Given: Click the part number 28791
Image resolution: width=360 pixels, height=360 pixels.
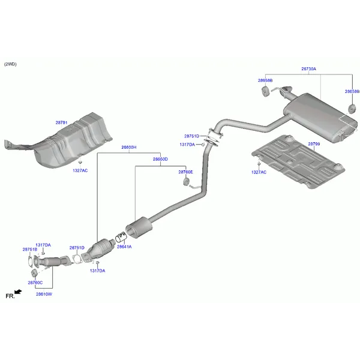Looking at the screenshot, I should [x=61, y=122].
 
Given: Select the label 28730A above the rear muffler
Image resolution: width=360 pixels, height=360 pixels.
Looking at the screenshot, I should [x=308, y=69].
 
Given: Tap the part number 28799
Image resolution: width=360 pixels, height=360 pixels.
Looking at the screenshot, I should [x=314, y=144].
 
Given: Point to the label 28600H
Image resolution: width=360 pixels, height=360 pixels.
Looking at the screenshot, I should [x=128, y=147].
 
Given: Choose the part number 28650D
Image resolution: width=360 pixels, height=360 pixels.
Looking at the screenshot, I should [x=160, y=159].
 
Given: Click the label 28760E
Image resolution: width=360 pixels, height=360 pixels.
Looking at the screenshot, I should [x=185, y=172].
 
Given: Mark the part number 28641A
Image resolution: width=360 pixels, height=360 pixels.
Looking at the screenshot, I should [x=124, y=247].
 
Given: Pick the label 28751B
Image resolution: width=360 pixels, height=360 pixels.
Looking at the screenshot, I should [x=30, y=250].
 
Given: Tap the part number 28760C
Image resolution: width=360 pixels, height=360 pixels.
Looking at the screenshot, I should [x=35, y=282].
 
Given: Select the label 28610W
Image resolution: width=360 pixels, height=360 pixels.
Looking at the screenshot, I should [x=44, y=294].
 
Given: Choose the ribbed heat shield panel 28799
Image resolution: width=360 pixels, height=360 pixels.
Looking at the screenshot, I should [x=297, y=162].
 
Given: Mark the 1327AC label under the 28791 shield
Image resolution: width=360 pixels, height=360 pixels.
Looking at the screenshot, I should [x=80, y=170].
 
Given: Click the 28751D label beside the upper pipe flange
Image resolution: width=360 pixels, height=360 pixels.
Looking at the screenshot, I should [x=191, y=136].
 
